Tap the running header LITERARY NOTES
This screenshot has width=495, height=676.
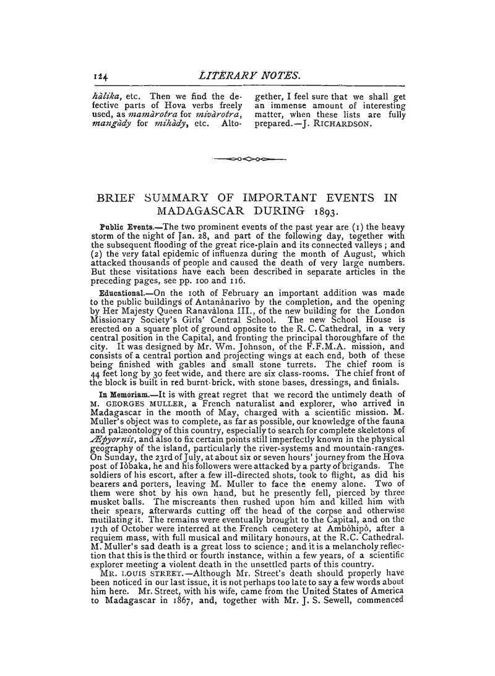[248, 75]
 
